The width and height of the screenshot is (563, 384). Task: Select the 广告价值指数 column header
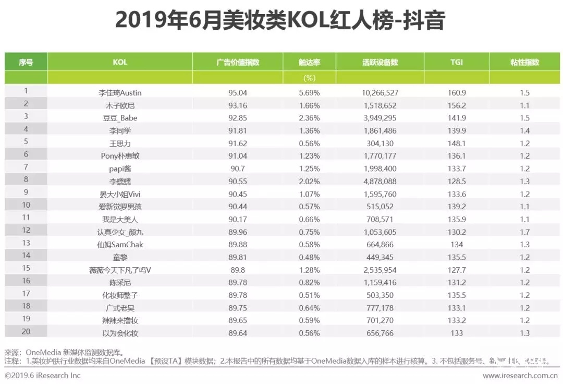click(x=238, y=62)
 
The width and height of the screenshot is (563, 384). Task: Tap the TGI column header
click(x=457, y=62)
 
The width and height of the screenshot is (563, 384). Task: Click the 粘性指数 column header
click(x=524, y=62)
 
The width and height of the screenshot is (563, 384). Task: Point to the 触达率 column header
click(x=310, y=62)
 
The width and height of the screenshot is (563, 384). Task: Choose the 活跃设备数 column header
click(x=380, y=62)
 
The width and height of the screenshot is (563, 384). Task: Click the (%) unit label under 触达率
click(x=310, y=78)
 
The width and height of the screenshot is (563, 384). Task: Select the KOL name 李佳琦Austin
click(x=120, y=93)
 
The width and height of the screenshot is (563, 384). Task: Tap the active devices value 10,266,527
click(x=380, y=93)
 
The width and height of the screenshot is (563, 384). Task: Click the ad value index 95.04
click(x=238, y=93)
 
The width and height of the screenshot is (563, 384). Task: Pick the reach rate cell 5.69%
click(x=310, y=93)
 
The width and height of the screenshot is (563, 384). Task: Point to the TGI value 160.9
click(x=457, y=93)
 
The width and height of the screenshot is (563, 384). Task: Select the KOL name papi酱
click(x=120, y=169)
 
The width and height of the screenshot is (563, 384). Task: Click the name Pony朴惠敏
click(x=120, y=156)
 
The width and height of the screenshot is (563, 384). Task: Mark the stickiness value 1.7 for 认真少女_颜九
click(x=524, y=232)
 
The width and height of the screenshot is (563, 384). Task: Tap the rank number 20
click(x=26, y=331)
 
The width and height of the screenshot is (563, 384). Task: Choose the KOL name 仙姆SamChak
click(x=120, y=245)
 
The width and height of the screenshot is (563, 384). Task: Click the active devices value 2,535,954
click(x=380, y=270)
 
